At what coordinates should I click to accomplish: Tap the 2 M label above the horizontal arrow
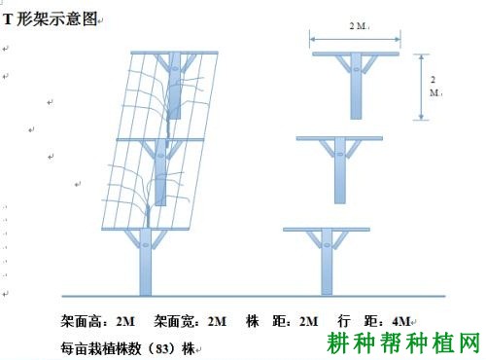click(x=357, y=26)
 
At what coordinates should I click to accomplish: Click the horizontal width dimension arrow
click(x=356, y=40)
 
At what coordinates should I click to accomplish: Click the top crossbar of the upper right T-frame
click(x=356, y=52)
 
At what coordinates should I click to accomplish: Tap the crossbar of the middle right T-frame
click(x=340, y=140)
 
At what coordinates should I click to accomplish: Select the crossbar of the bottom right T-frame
click(x=326, y=230)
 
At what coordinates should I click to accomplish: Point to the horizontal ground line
click(x=253, y=295)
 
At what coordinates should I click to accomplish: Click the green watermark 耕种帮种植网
click(x=404, y=343)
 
